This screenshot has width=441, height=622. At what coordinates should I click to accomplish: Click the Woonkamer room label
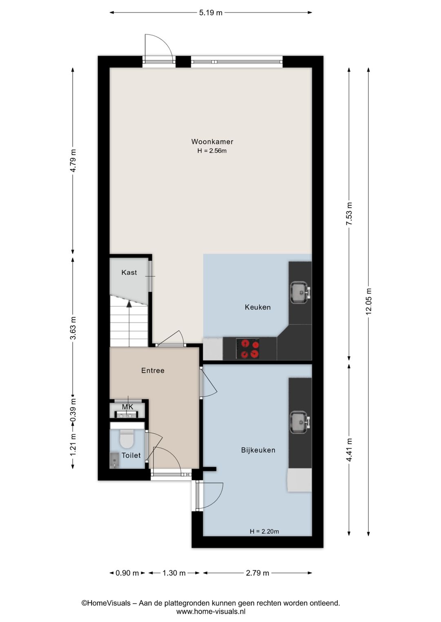(212, 141)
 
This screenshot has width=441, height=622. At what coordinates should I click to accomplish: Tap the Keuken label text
(258, 307)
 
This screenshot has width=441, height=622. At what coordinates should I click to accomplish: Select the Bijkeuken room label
(258, 450)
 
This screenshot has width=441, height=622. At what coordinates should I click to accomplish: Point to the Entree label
(153, 371)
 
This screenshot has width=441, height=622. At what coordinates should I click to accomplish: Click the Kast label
(129, 272)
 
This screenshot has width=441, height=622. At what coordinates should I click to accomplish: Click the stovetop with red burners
(247, 348)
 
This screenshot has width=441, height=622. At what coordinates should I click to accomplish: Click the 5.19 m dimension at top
(211, 13)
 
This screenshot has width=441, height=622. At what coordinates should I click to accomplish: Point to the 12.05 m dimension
(369, 301)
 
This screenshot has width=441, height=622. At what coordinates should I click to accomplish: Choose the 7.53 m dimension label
(349, 214)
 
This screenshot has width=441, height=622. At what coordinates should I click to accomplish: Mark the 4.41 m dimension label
(349, 450)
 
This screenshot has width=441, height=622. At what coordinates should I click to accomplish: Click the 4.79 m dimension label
(73, 161)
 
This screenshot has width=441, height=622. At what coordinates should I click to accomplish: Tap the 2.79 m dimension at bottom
(257, 573)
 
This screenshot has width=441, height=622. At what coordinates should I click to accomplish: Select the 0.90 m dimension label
(127, 573)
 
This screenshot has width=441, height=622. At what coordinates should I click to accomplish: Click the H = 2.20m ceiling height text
(264, 532)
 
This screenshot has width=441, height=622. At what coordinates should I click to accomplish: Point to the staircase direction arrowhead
(129, 304)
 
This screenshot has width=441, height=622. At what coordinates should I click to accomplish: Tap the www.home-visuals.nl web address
(211, 611)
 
